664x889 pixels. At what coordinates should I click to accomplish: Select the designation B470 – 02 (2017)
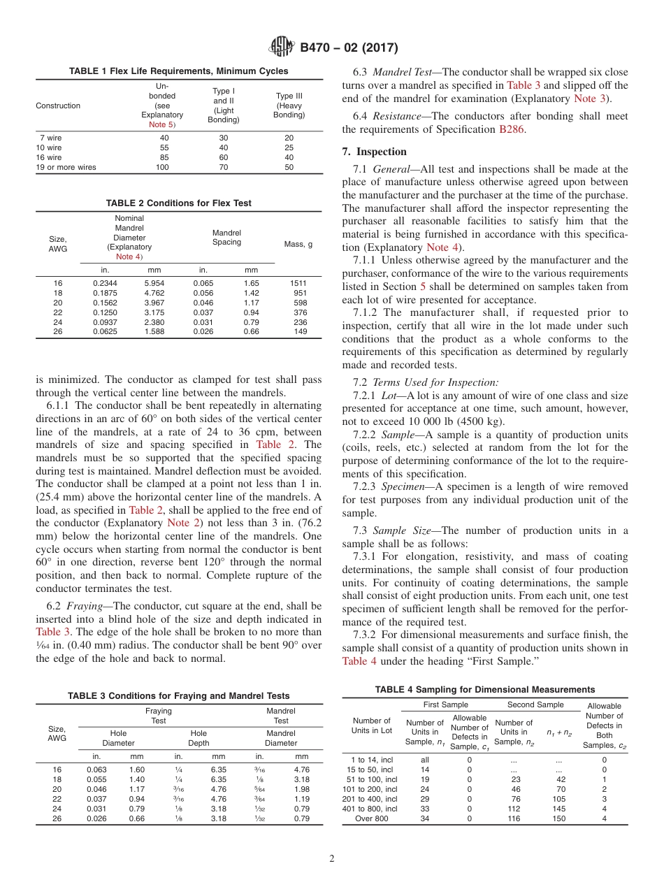(x=349, y=48)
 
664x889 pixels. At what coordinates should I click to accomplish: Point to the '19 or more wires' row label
(x=66, y=168)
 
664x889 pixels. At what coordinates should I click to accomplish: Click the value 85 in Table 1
(x=164, y=158)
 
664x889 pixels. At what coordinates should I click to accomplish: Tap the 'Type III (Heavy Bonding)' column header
(x=289, y=106)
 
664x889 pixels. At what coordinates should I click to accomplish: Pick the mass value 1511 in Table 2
(x=298, y=283)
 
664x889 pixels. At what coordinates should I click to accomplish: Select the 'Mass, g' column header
(x=298, y=245)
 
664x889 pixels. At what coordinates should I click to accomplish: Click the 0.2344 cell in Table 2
(x=105, y=283)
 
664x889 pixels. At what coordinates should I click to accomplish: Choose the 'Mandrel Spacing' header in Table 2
(x=226, y=238)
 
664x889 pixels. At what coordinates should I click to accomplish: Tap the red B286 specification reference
(x=510, y=129)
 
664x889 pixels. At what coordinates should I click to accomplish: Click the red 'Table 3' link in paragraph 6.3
(x=523, y=85)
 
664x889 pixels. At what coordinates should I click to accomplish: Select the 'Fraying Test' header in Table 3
(x=159, y=716)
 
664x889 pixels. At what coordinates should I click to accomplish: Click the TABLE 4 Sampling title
(x=484, y=689)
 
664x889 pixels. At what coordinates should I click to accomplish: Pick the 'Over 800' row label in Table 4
(x=372, y=818)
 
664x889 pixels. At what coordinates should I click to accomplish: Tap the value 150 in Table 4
(x=558, y=818)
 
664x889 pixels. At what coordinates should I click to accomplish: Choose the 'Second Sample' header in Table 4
(x=535, y=704)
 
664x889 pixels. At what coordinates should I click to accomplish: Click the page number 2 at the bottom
(x=332, y=858)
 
